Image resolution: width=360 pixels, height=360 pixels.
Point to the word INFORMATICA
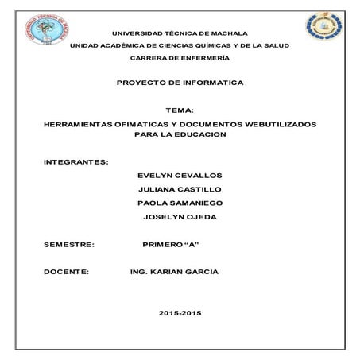pyautogui.click(x=214, y=83)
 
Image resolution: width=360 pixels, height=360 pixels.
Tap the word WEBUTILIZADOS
pyautogui.click(x=276, y=125)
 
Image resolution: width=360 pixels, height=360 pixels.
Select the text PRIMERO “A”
pyautogui.click(x=169, y=245)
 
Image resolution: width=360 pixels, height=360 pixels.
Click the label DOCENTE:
pyautogui.click(x=67, y=272)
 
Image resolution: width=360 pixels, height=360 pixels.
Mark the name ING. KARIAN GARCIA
pyautogui.click(x=172, y=272)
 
